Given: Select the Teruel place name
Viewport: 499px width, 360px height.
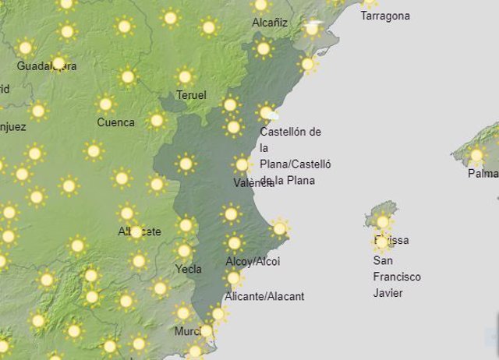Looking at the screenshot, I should pyautogui.click(x=192, y=95).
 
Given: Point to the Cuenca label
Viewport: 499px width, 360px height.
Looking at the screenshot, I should pyautogui.click(x=115, y=122).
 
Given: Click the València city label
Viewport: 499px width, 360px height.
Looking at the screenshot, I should pyautogui.click(x=253, y=183).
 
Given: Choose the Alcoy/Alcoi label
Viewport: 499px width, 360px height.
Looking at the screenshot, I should pyautogui.click(x=252, y=261).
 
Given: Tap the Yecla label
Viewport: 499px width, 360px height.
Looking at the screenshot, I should pyautogui.click(x=189, y=270).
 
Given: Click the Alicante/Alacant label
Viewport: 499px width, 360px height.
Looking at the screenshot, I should pyautogui.click(x=264, y=296).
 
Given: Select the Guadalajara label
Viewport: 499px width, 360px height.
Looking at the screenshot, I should pyautogui.click(x=47, y=66).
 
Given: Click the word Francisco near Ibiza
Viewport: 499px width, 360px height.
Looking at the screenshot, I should pyautogui.click(x=397, y=277).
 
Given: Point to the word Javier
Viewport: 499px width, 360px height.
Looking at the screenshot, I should pyautogui.click(x=389, y=293).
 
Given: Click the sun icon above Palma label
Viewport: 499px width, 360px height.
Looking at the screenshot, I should pyautogui.click(x=476, y=155).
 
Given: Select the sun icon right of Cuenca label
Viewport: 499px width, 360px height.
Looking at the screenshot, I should pyautogui.click(x=157, y=120).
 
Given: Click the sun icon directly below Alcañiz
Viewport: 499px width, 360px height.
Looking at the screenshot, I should pyautogui.click(x=264, y=49).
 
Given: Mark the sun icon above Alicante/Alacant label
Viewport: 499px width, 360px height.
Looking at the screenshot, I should pyautogui.click(x=233, y=278).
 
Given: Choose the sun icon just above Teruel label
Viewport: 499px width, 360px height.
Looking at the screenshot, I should pyautogui.click(x=185, y=76).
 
